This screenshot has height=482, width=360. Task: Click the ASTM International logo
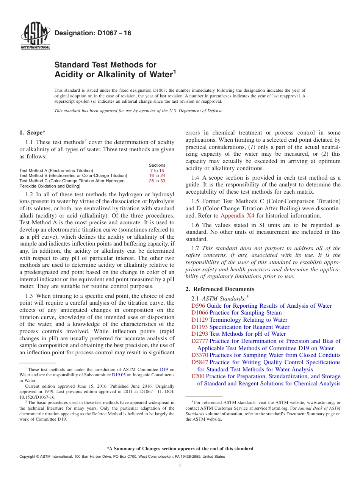click(35, 37)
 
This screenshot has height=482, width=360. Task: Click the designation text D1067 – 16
click(93, 33)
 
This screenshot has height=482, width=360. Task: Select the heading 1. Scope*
click(32, 133)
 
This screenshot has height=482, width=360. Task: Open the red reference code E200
click(198, 376)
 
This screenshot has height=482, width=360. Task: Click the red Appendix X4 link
click(238, 216)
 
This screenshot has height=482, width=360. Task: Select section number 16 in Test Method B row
click(151, 176)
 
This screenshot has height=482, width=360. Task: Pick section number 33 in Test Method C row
click(163, 181)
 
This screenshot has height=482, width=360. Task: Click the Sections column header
click(157, 165)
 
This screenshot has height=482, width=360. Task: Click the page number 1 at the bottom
click(180, 466)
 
